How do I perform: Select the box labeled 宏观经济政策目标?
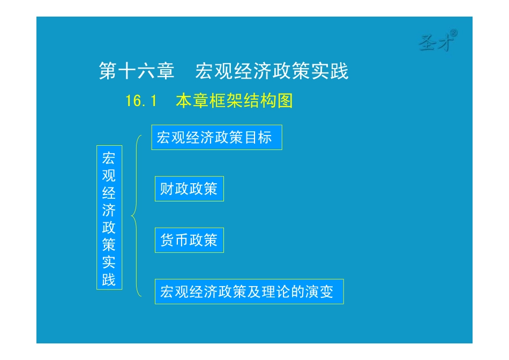[216, 138]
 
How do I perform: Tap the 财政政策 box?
[189, 189]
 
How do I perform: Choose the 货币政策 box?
[189, 240]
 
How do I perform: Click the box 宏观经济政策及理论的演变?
[249, 291]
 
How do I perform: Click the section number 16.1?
[140, 101]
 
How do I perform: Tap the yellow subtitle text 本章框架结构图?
[234, 101]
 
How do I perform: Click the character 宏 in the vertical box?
[109, 158]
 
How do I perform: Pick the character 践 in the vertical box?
[109, 280]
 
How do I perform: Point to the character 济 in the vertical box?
[109, 210]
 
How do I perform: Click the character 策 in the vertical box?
[109, 245]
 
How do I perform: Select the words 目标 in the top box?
[258, 138]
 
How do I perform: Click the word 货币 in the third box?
[175, 240]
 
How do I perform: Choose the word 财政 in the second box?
[175, 189]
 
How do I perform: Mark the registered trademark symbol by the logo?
[454, 34]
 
